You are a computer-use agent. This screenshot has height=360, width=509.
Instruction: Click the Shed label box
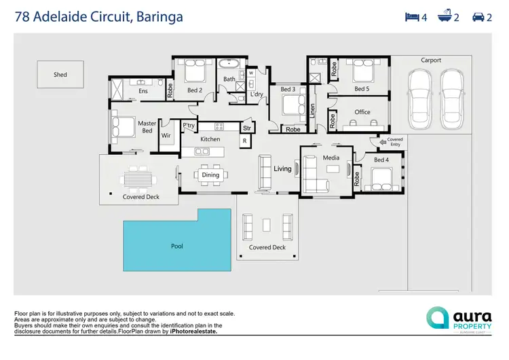60,75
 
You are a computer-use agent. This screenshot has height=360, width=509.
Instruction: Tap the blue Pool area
176,245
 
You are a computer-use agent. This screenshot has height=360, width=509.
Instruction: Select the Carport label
431,60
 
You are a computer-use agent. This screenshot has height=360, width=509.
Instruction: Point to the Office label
362,112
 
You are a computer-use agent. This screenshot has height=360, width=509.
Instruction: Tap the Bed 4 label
381,160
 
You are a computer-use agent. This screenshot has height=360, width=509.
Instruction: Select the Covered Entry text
394,142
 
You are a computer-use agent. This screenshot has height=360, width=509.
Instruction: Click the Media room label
331,158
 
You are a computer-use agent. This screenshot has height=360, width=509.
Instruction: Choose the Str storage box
247,128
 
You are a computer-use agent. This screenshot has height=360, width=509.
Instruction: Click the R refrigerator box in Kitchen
244,141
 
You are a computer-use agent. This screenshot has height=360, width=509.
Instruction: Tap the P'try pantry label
189,126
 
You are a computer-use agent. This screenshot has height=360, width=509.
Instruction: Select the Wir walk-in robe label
166,135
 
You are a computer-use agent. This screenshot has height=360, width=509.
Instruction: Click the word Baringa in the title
159,16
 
